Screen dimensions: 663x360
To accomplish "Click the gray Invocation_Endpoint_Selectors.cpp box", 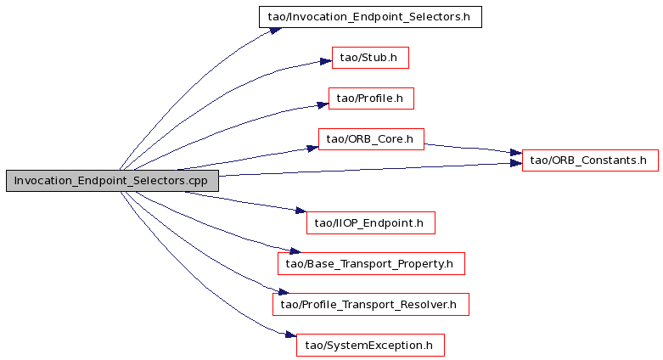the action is (112, 181).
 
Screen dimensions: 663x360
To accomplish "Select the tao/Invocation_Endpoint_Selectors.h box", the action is (370, 17).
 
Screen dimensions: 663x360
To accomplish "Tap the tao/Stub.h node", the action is (370, 58).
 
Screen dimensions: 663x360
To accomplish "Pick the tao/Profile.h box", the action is (371, 98).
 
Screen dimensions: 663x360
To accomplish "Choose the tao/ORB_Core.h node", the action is (371, 139).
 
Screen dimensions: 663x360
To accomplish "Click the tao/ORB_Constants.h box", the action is (590, 160).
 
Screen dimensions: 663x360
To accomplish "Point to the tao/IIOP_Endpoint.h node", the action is (371, 223).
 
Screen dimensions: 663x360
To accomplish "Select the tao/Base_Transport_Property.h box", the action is (371, 263).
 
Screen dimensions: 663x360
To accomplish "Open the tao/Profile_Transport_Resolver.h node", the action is (371, 305).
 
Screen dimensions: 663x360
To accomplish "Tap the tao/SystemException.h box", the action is (370, 346).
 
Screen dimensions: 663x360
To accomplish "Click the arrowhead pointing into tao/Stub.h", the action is (326, 61).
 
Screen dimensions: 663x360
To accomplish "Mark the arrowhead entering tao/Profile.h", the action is (323, 105).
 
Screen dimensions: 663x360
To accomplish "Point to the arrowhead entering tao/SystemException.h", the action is (290, 335).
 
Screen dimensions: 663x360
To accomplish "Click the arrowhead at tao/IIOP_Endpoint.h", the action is (301, 211).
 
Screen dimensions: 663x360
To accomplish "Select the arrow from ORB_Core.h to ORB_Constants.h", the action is (473, 148).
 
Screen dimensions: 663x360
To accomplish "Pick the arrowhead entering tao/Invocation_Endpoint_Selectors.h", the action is (276, 31).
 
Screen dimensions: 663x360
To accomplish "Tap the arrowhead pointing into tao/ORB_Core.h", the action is (312, 148).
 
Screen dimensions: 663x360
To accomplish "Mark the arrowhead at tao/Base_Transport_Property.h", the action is (295, 250).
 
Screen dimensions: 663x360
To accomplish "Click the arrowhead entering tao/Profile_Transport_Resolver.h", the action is (284, 291).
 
